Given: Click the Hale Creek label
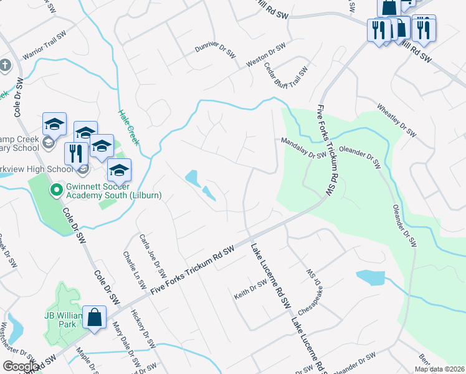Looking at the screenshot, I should (x=130, y=128).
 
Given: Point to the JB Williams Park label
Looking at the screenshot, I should (x=62, y=319).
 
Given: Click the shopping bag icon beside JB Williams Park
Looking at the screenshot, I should (x=94, y=317).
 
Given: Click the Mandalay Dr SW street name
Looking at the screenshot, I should (x=303, y=149).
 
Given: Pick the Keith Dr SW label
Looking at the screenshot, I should (x=250, y=289).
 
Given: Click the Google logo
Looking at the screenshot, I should (x=21, y=366).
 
